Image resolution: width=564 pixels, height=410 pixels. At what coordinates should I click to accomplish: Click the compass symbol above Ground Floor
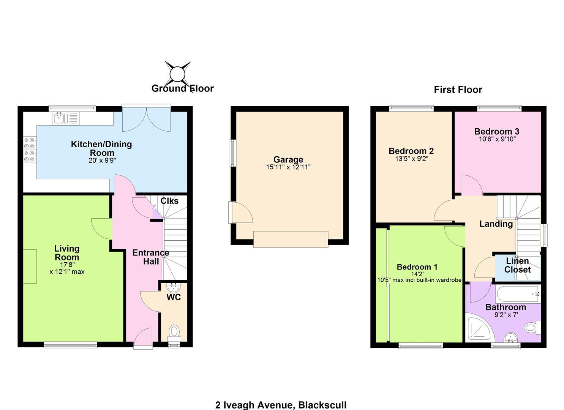[x=177, y=74]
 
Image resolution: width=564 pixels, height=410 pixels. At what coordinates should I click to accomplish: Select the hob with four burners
[x=30, y=150]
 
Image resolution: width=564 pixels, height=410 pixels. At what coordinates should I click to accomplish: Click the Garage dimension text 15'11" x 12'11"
[x=288, y=167]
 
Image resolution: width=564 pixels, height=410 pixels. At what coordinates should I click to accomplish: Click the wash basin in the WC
[x=174, y=287]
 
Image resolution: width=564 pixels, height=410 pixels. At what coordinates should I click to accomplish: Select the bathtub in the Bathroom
[x=518, y=294]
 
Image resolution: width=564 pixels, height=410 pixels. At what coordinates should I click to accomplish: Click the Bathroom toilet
[x=532, y=328]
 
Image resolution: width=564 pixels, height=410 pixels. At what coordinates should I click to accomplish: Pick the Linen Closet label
[x=517, y=265]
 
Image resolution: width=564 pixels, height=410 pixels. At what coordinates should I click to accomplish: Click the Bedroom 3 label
[x=497, y=131]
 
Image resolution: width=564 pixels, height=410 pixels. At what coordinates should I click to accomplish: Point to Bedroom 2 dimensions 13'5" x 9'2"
[x=412, y=159]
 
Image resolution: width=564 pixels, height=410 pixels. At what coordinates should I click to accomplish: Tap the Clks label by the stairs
[x=169, y=201]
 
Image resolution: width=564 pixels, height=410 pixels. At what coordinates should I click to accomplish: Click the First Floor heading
[x=458, y=90]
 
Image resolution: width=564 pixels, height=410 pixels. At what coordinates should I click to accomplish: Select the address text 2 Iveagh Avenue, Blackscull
[x=281, y=405]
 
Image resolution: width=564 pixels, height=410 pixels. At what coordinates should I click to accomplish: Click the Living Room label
[x=67, y=253]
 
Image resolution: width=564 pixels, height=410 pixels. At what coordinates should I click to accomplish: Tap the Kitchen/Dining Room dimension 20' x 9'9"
[x=102, y=160]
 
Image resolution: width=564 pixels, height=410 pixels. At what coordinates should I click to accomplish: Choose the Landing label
[x=496, y=224]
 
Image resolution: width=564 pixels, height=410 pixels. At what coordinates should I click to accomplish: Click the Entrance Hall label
[x=150, y=257]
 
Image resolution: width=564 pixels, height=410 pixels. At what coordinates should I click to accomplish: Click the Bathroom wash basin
[x=511, y=337]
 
